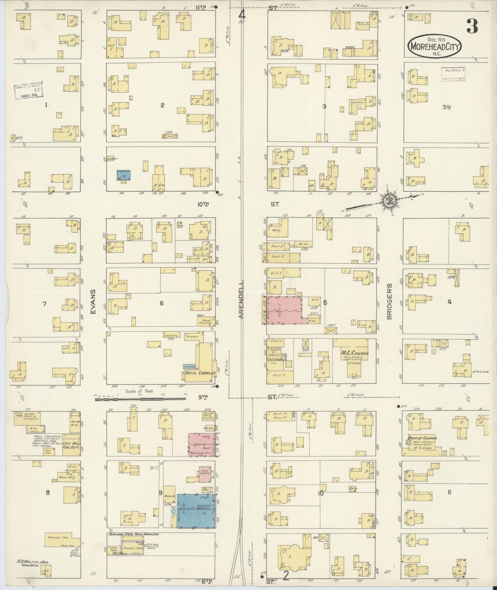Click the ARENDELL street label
click(x=241, y=299)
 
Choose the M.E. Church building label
click(x=354, y=353)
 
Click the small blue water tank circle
click(x=173, y=511)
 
